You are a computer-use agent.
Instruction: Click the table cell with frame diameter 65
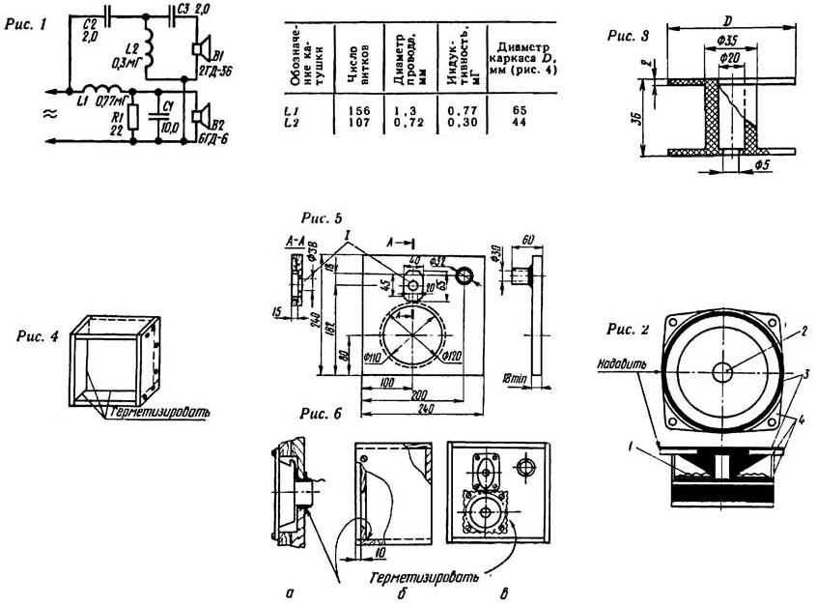click(x=518, y=112)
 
